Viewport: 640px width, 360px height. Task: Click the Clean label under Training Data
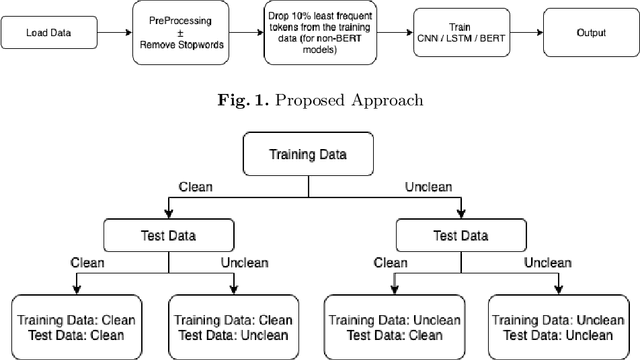point(195,187)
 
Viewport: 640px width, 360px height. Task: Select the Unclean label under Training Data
point(431,187)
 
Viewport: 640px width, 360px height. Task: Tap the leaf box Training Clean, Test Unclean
point(233,326)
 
